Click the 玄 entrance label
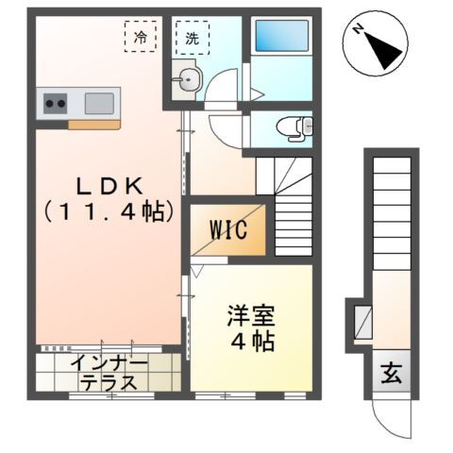(x=391, y=373)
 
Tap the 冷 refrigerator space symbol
(x=141, y=38)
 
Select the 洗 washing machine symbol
(x=192, y=39)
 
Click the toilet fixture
(x=298, y=127)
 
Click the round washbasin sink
(x=189, y=80)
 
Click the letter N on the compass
(x=360, y=29)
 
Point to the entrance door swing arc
(x=389, y=414)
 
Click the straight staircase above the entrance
(x=390, y=208)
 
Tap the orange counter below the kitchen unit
(x=93, y=125)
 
